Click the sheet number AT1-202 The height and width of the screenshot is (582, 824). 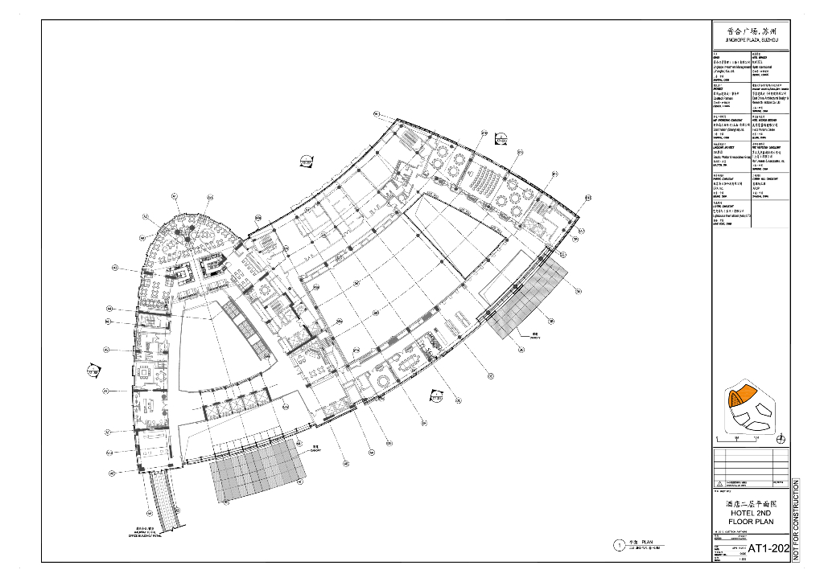tap(768, 549)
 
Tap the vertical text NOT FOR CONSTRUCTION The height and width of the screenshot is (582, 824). tap(797, 521)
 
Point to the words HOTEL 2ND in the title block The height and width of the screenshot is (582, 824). tap(751, 512)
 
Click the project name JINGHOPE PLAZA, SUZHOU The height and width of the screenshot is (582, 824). tap(752, 39)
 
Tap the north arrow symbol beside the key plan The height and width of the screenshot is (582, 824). tap(781, 438)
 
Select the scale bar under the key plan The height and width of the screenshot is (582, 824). tap(739, 438)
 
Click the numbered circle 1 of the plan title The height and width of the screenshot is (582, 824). tap(619, 545)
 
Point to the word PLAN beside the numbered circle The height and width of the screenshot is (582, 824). tap(646, 543)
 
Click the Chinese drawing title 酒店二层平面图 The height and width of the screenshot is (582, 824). tap(751, 502)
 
